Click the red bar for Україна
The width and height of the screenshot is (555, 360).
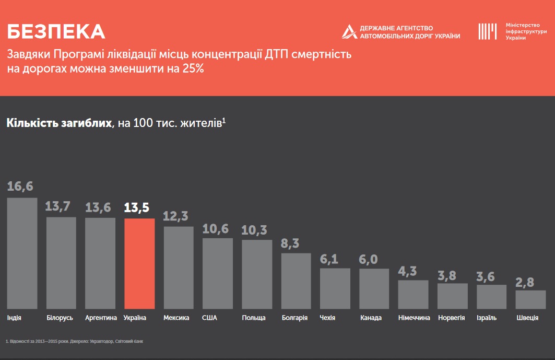tap(139, 263)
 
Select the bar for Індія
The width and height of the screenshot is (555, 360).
tap(22, 253)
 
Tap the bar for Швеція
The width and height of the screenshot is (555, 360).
tap(530, 299)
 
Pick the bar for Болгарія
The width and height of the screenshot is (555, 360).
tap(296, 281)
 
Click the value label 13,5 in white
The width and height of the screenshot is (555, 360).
tap(137, 207)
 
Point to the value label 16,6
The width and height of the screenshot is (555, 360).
tap(20, 187)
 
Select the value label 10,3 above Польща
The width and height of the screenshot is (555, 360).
tap(255, 230)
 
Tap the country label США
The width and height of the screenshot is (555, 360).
tap(209, 318)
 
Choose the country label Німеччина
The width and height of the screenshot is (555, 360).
tap(414, 318)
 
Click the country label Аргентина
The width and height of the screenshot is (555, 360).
tap(100, 318)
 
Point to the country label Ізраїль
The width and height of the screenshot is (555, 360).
tap(486, 318)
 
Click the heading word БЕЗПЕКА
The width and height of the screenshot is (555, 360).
tap(56, 32)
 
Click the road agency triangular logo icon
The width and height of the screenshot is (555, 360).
tap(349, 31)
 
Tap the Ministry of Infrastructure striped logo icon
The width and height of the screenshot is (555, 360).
tap(487, 31)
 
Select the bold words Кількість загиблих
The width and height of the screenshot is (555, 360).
tap(59, 123)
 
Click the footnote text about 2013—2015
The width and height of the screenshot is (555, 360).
tap(74, 342)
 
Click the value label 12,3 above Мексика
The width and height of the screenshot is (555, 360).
tap(176, 216)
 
